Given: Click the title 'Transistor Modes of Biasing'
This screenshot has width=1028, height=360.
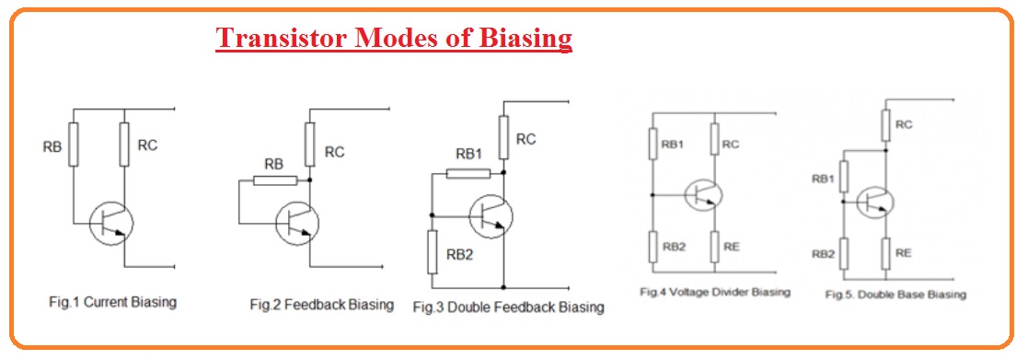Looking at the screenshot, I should click(394, 39).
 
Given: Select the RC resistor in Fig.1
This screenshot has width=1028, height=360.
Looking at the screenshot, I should click(122, 144).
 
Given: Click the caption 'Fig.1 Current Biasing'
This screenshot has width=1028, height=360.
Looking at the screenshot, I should click(112, 302).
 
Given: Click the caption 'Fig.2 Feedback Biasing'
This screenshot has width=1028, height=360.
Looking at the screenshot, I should click(321, 304).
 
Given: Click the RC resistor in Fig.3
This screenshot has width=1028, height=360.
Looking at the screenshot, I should click(503, 137).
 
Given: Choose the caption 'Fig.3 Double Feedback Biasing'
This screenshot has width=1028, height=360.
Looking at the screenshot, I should click(508, 307).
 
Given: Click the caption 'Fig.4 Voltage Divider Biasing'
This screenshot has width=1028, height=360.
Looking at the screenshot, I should click(715, 292).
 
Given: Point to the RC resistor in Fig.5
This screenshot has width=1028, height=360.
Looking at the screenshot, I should click(884, 124).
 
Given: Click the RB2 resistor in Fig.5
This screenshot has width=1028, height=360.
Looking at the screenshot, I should click(843, 254).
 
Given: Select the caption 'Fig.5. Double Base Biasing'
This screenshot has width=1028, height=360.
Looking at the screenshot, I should click(895, 295).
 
